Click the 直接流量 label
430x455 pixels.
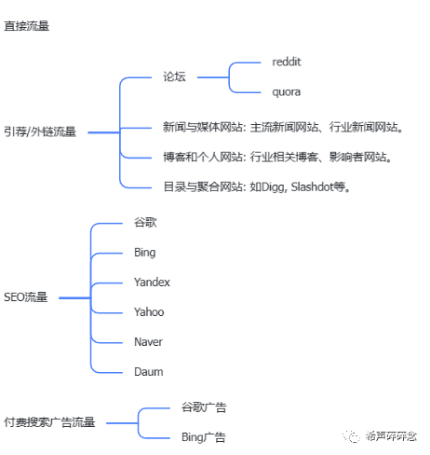pos(27,26)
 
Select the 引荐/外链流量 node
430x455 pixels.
pos(39,132)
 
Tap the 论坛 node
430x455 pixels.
pos(174,76)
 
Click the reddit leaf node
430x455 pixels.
pos(287,62)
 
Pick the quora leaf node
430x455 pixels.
pos(286,92)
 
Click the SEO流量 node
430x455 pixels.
pos(26,297)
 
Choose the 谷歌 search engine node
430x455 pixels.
pos(145,223)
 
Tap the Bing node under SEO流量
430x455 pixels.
pos(144,253)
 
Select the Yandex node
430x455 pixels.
pos(152,283)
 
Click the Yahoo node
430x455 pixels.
pos(149,312)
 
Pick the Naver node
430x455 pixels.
pos(149,342)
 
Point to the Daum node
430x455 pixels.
pos(148,372)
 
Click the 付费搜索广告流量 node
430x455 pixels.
pos(49,422)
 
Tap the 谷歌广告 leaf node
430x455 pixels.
pos(204,407)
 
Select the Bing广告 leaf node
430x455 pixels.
pos(203,437)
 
